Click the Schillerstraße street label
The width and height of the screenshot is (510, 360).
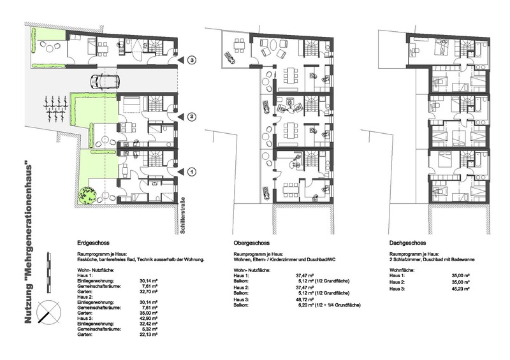coord(182,215)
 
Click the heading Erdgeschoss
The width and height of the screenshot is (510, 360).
coord(93,243)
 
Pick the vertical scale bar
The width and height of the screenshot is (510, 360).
coord(49,272)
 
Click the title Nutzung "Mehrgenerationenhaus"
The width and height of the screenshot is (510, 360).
coord(28,244)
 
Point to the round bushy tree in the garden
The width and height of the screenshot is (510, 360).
coord(87,195)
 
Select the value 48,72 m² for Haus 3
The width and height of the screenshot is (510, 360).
coord(304,299)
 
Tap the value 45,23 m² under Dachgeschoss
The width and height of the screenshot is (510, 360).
coord(460,289)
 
